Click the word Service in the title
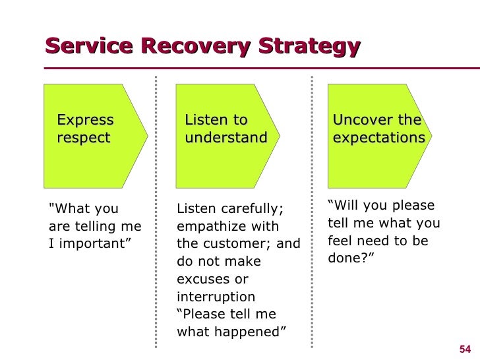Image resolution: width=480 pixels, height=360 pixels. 89,46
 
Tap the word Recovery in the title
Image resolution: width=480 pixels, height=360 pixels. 196,47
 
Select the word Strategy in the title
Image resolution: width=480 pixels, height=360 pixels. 309,47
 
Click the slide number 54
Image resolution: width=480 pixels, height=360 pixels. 465,349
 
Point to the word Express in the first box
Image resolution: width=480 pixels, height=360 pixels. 86,120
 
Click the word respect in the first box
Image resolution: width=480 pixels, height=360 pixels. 84,138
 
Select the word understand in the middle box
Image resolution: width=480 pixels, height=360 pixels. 226,137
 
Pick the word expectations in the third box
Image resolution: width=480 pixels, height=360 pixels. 379,138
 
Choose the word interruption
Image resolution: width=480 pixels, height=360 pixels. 216,297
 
